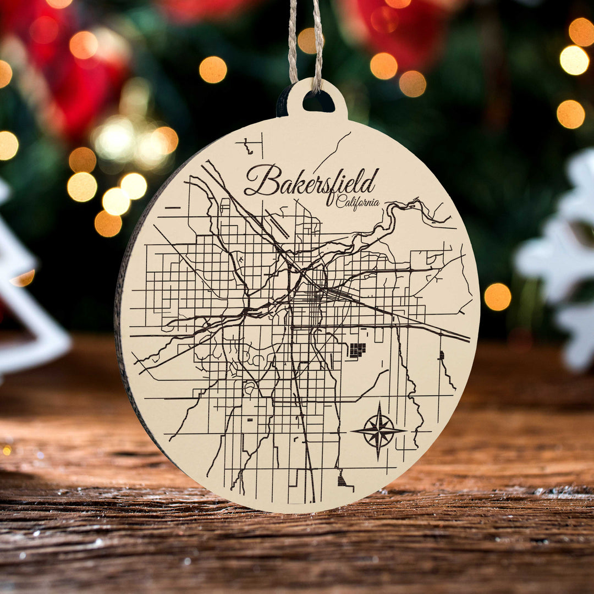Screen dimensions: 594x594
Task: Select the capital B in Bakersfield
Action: click(x=260, y=180)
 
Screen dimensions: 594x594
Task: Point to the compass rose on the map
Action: click(x=378, y=431)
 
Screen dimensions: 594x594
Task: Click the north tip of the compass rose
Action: click(x=378, y=406)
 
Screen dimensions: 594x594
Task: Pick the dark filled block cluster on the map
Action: click(x=357, y=350)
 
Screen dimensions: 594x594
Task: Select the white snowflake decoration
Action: click(x=561, y=258)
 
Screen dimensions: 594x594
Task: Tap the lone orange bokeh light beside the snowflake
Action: click(x=497, y=296)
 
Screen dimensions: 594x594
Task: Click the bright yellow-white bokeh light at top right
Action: click(x=574, y=60)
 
